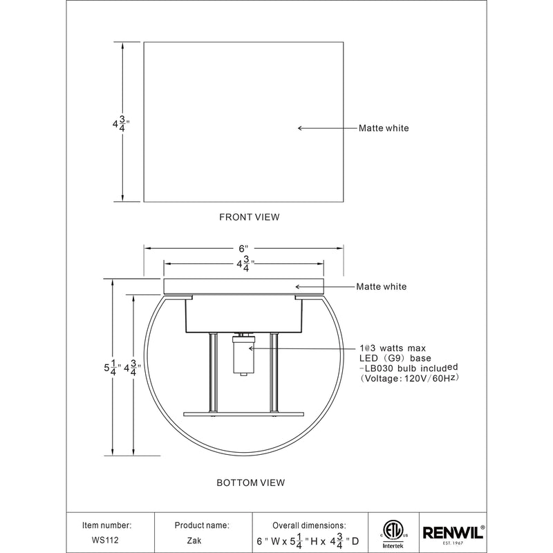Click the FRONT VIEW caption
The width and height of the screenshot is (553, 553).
coord(249,217)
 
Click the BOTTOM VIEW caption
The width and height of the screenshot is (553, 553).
coord(250,482)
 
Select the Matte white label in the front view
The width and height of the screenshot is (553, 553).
coord(383,128)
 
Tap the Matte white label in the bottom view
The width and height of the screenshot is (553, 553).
coord(381,286)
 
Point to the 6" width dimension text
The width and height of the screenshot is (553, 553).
coord(243,248)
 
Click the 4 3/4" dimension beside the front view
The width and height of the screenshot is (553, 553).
coord(121,124)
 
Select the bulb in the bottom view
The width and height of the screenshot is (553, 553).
coord(241,353)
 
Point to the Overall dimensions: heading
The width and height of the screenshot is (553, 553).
coord(309,525)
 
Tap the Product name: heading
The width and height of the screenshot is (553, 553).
coord(202,525)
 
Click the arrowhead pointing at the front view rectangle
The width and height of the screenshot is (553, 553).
coord(301,128)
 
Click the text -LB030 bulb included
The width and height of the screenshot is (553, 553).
coord(409,368)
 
